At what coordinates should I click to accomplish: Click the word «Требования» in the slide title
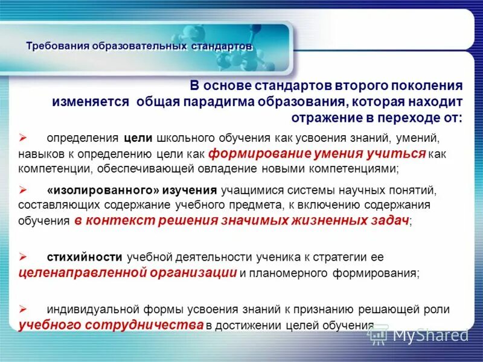click(57, 46)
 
